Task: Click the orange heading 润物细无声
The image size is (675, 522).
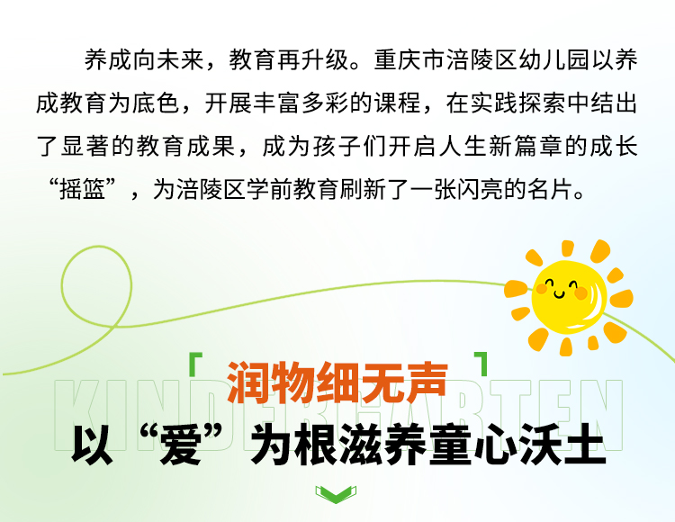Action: [x=337, y=382]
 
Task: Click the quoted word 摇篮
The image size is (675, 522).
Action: [x=82, y=189]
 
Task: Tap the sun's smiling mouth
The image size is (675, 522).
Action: [x=559, y=294]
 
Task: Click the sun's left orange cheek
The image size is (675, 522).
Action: [x=541, y=289]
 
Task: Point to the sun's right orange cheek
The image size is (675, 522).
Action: [x=580, y=293]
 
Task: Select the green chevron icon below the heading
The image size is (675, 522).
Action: [x=336, y=494]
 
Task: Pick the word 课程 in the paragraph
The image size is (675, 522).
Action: [x=397, y=103]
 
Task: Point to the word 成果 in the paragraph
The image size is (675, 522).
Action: [x=211, y=147]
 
